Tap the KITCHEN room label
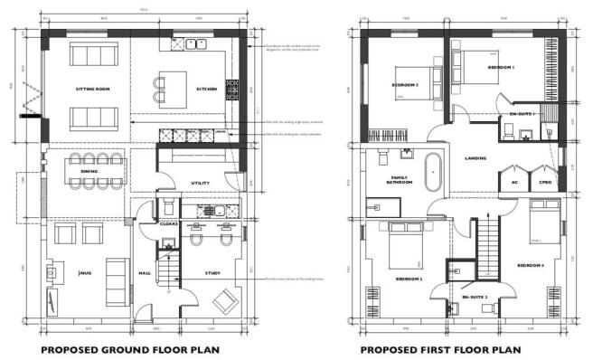click(207, 88)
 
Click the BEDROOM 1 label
click(501, 67)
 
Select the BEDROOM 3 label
click(405, 85)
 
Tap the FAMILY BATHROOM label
click(400, 180)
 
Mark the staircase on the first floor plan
click(487, 249)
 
